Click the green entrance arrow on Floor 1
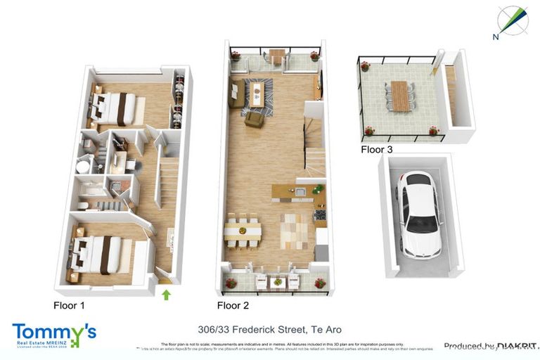(x=166, y=295)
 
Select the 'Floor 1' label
(x=72, y=305)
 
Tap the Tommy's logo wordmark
(x=53, y=333)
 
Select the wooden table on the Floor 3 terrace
(x=399, y=96)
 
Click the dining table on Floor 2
(x=243, y=230)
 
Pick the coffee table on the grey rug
(x=257, y=94)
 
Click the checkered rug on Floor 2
(x=293, y=231)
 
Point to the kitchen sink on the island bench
(x=299, y=191)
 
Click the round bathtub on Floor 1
(x=84, y=167)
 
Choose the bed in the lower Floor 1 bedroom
(x=98, y=254)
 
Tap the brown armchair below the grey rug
(x=253, y=120)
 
